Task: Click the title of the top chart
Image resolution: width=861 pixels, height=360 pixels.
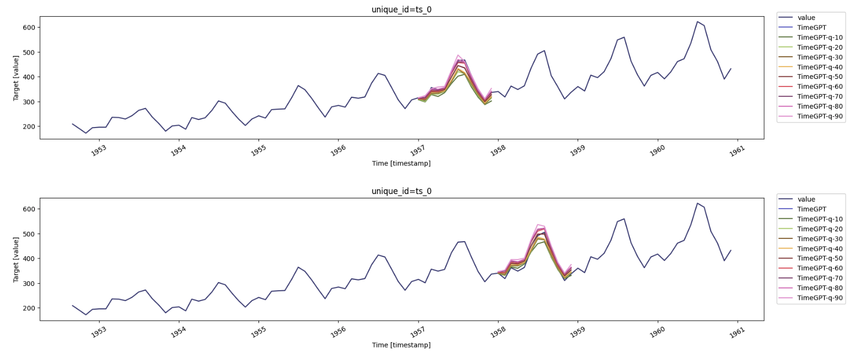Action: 401,9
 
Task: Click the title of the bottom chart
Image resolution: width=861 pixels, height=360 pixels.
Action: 401,191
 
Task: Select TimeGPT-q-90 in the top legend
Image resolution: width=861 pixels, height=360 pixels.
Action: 819,116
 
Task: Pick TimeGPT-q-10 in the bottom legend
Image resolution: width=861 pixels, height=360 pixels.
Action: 819,219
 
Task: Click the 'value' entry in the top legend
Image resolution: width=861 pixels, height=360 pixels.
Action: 806,18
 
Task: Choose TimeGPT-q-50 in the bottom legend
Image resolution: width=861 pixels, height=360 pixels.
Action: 819,258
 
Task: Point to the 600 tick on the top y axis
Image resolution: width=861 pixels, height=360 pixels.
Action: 29,28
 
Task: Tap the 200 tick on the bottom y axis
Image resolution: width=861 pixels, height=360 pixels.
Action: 29,308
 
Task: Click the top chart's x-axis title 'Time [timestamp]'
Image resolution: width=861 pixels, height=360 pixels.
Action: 401,163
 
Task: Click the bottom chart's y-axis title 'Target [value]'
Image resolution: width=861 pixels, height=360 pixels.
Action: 16,259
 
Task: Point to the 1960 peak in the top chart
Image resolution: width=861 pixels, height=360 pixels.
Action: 698,22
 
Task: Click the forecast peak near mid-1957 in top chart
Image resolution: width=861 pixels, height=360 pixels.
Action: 459,55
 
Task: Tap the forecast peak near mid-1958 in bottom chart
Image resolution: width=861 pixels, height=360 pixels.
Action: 539,225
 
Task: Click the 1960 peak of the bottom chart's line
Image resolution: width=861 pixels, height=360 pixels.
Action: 698,204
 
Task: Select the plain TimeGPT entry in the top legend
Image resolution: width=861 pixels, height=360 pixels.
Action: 811,28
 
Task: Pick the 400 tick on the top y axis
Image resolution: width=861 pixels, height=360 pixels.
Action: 29,77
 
